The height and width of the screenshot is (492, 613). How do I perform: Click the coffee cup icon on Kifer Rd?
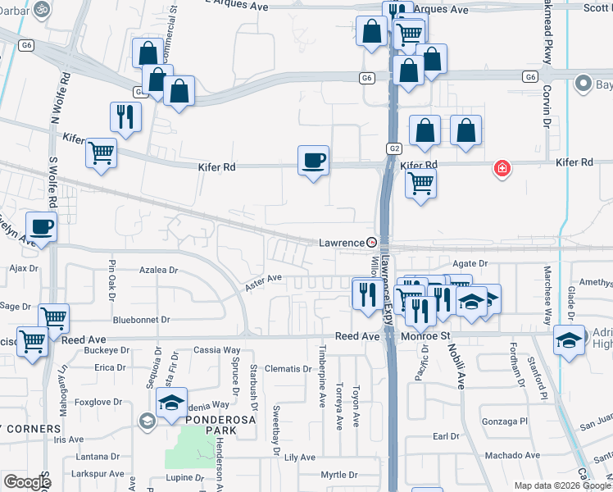point(312,161)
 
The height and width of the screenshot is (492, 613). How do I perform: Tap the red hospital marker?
point(501,170)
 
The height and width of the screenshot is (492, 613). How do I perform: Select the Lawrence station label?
point(341,243)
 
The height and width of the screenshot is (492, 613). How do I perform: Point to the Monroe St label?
point(426,336)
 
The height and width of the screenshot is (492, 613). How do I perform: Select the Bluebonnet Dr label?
point(141,320)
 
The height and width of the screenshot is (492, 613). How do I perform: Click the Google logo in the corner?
point(28,482)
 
